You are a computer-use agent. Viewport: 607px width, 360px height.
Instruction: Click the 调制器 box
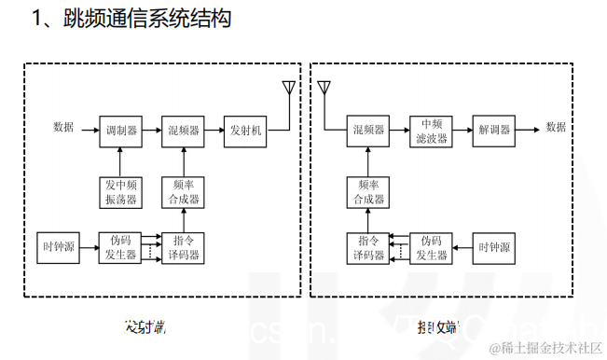[x=121, y=131]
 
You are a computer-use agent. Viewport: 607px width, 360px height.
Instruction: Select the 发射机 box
[x=246, y=131]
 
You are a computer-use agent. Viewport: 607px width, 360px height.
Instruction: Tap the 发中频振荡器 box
[x=121, y=191]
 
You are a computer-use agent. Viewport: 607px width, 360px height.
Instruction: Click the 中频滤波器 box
[x=430, y=131]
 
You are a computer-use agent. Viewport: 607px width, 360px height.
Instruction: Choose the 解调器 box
[x=493, y=131]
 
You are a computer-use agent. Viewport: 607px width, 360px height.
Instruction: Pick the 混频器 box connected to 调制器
[x=184, y=131]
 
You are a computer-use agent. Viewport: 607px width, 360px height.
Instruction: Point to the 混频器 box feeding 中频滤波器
[x=367, y=131]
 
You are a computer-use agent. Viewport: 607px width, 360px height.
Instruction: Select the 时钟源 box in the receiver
[x=493, y=247]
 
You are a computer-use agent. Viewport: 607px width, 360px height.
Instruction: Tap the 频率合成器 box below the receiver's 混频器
[x=367, y=191]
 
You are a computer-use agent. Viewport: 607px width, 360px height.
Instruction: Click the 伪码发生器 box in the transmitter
[x=121, y=247]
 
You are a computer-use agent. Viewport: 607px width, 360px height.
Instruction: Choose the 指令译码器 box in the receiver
[x=367, y=247]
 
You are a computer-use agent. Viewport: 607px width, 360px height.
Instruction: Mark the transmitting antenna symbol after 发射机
[x=289, y=90]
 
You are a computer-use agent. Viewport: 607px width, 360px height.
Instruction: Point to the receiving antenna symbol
[x=324, y=90]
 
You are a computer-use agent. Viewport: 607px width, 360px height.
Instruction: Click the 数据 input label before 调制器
[x=63, y=128]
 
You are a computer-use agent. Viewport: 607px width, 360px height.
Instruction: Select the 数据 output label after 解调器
[x=556, y=128]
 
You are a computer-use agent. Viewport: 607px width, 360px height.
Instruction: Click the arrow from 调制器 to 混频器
[x=152, y=131]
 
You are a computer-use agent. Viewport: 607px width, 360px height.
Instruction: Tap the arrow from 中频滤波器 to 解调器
[x=462, y=131]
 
